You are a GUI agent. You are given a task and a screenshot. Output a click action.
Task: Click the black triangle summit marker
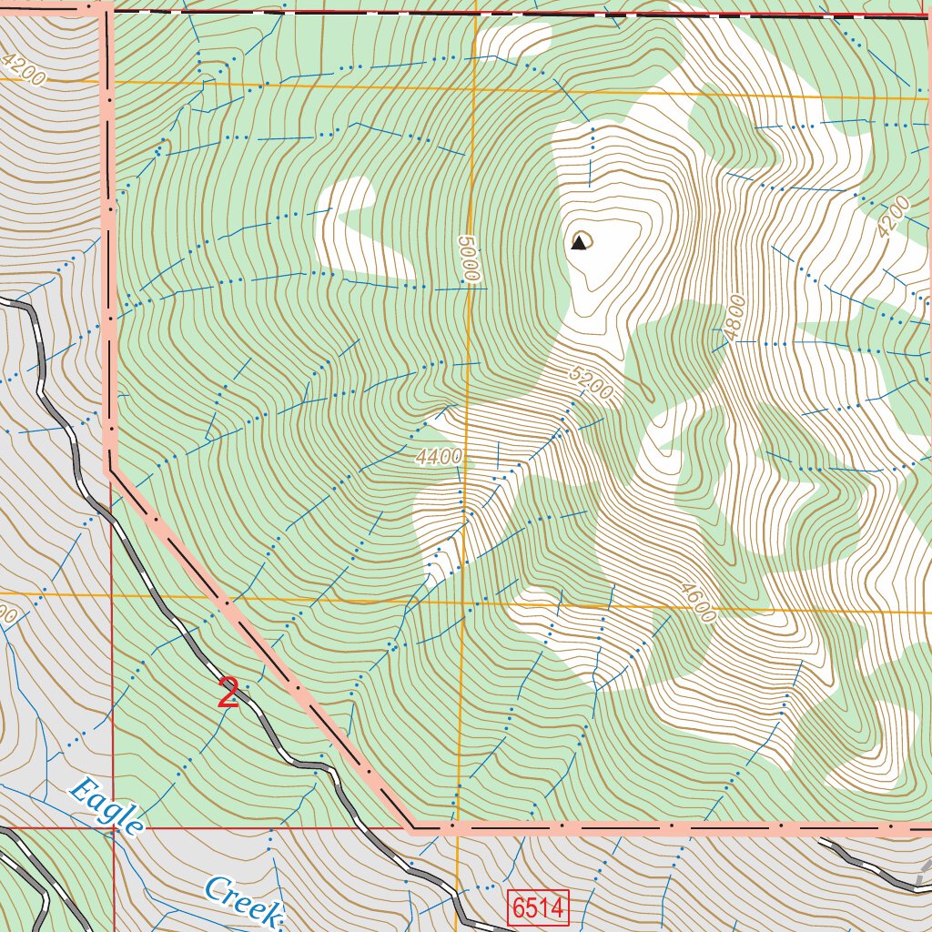pos(578,242)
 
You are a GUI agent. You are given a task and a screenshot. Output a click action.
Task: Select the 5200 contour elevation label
pos(592,384)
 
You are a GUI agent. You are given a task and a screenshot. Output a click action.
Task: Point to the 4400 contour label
pos(440,458)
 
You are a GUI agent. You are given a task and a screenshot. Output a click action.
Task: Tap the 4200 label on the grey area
pos(23,69)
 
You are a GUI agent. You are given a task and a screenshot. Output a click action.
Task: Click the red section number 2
pos(228,694)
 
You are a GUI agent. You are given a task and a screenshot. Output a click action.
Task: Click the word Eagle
pos(107,805)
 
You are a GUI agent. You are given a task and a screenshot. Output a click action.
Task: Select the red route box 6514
pos(539,908)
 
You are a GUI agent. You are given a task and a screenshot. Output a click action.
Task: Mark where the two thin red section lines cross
pos(114,828)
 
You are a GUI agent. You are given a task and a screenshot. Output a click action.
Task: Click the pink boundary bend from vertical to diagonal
pos(111,470)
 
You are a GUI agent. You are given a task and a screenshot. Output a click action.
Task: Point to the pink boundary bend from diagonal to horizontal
pos(411,828)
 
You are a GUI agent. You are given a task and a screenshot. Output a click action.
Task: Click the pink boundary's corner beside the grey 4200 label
pos(102,8)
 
